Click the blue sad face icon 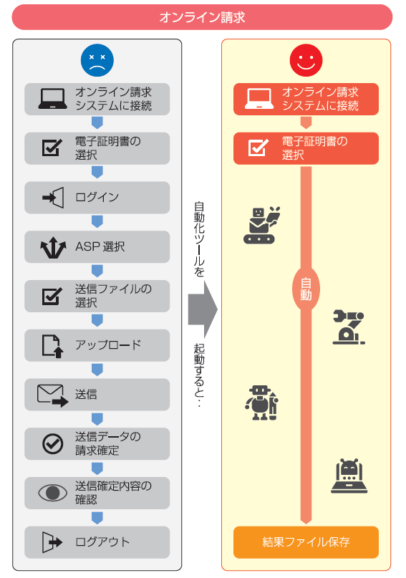pyautogui.click(x=97, y=60)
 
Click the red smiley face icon pyautogui.click(x=306, y=60)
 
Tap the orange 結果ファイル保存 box pyautogui.click(x=306, y=542)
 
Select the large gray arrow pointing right pyautogui.click(x=203, y=309)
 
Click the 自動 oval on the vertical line pyautogui.click(x=306, y=289)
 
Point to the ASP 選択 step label pyautogui.click(x=100, y=246)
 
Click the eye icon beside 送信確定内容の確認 pyautogui.click(x=53, y=493)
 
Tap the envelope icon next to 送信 pyautogui.click(x=53, y=395)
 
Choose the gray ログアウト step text pyautogui.click(x=102, y=542)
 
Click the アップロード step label pyautogui.click(x=108, y=345)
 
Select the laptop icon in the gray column pyautogui.click(x=53, y=99)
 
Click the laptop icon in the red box pyautogui.click(x=259, y=99)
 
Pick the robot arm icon pyautogui.click(x=349, y=327)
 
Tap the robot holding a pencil pyautogui.click(x=261, y=403)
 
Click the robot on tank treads pyautogui.click(x=261, y=225)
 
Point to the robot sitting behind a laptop pyautogui.click(x=349, y=476)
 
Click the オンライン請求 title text pyautogui.click(x=202, y=17)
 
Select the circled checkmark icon pyautogui.click(x=53, y=443)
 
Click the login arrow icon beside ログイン pyautogui.click(x=53, y=198)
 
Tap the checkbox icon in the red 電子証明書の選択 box pyautogui.click(x=258, y=148)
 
